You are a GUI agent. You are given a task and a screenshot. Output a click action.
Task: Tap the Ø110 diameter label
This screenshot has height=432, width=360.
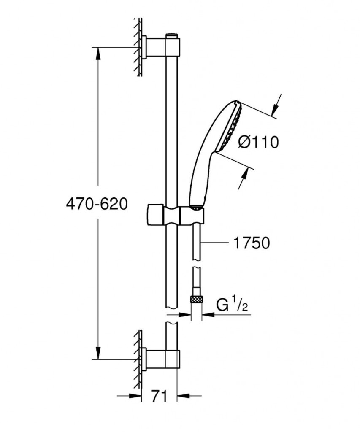coord(258,143)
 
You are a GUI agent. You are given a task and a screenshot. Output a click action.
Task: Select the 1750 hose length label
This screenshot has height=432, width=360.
coord(252,243)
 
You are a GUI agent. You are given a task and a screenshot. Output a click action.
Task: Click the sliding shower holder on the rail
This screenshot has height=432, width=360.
coord(176,215)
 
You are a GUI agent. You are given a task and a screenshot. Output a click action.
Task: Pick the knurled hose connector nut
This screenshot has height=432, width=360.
coord(196,300)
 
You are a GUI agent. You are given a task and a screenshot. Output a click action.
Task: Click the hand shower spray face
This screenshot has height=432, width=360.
coord(232,127)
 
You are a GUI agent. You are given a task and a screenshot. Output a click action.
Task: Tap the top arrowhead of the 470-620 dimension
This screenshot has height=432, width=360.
coord(97,54)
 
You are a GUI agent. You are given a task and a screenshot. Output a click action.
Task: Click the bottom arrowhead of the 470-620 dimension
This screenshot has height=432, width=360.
coord(97,352)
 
